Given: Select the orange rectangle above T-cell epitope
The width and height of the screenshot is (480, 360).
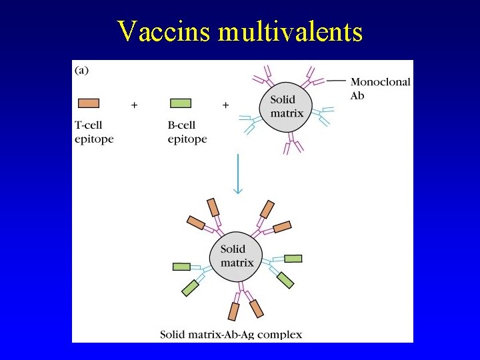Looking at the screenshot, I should coord(89,103).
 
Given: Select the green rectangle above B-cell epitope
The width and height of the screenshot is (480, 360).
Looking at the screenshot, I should coord(181,103).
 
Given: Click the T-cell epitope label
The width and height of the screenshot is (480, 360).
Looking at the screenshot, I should coord(93,133).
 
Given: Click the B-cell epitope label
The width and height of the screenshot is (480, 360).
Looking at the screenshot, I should coord(187,133).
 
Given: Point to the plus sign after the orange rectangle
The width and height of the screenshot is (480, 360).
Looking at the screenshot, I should coord(135,105).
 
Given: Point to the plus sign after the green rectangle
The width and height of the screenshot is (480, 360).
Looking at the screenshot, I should coord(225,105).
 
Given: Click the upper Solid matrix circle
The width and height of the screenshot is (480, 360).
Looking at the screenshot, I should coord(287,107).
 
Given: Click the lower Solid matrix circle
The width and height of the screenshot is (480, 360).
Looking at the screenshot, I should coord(237,256).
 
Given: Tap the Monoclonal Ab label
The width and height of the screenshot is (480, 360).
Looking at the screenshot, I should coord(380,89).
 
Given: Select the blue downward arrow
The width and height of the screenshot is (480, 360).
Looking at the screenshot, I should coord(237,173).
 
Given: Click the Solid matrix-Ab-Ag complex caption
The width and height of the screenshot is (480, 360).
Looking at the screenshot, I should coord(231,335).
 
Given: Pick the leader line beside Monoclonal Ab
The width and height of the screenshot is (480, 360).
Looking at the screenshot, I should coord(337,81).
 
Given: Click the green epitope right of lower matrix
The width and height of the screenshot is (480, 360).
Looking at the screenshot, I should coord(293,259).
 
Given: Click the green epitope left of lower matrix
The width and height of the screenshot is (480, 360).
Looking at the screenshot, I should coord(181,267).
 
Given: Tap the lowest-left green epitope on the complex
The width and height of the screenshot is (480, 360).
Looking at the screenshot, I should coord(190,288).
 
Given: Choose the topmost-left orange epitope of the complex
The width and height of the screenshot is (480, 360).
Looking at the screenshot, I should coord(213,207).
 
